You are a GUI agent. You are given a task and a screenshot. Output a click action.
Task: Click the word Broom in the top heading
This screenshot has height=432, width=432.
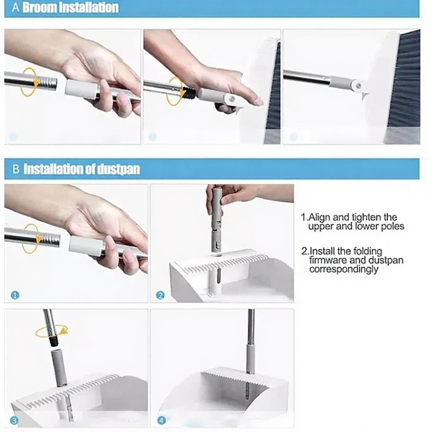tap(40, 8)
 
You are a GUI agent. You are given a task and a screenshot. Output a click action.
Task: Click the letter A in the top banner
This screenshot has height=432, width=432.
tap(16, 8)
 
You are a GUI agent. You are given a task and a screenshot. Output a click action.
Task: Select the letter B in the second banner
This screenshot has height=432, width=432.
tap(16, 169)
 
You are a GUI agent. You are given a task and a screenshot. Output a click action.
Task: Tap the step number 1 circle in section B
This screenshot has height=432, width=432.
tap(15, 296)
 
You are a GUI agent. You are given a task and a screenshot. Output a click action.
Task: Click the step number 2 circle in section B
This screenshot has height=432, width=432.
tap(160, 295)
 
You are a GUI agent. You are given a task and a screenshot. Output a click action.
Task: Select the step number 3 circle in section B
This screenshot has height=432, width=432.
tap(14, 421)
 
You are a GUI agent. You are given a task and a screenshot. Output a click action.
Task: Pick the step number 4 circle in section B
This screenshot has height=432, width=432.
tap(162, 421)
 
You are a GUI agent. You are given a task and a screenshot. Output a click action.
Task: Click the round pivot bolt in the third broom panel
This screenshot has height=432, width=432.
tap(358, 86)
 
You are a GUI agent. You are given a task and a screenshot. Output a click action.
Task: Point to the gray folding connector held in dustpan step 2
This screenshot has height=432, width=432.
tap(216, 219)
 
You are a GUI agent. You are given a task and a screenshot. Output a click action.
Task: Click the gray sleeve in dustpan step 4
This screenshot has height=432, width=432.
tap(250, 358)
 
